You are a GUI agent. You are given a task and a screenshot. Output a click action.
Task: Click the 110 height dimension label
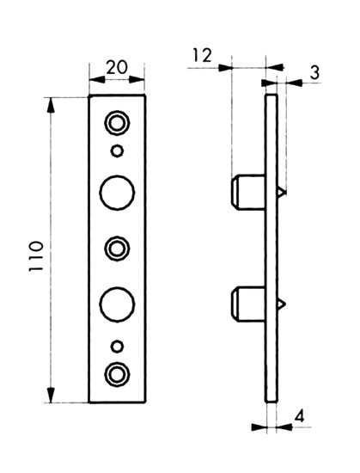[37, 256]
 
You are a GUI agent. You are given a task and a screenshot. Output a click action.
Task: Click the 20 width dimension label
[117, 68]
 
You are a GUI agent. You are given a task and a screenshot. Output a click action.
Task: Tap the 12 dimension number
[202, 56]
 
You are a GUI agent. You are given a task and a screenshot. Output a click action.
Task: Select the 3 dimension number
[314, 73]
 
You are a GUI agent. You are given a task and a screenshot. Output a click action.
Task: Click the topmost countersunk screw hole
[117, 123]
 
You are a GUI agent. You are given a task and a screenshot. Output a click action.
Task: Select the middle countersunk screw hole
[117, 249]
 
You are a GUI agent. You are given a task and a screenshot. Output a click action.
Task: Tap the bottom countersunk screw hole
[117, 374]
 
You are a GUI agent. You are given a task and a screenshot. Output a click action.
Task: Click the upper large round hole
[117, 193]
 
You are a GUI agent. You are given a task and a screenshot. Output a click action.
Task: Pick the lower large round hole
[117, 304]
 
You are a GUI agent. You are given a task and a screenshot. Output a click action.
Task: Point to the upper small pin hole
[117, 150]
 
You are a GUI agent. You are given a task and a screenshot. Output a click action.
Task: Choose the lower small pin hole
[117, 347]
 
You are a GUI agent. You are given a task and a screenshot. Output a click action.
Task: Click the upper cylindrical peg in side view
[247, 192]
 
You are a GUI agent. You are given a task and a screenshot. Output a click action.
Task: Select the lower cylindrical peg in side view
[247, 304]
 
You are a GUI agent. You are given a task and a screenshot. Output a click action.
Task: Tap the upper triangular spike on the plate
[281, 192]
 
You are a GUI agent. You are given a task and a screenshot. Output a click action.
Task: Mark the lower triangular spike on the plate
[281, 304]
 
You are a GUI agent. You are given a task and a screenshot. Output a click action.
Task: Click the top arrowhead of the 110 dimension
[51, 106]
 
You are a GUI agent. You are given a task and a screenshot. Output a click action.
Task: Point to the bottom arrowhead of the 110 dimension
[51, 395]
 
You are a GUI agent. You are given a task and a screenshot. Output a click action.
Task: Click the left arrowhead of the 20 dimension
[97, 80]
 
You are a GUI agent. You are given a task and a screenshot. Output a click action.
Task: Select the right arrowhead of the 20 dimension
[137, 80]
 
